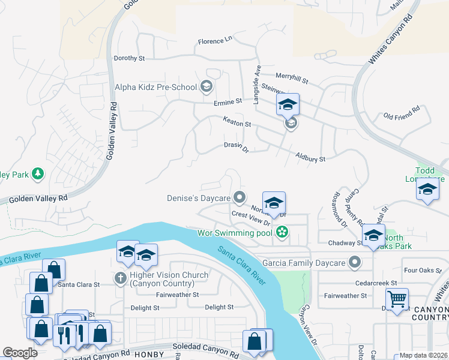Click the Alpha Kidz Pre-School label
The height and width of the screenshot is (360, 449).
156,87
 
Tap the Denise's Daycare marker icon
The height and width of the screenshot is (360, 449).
240,197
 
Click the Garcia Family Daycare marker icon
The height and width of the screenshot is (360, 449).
355,262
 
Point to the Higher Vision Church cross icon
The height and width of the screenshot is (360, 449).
120,278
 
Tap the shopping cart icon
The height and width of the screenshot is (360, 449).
397,298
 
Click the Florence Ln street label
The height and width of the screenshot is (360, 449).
215,41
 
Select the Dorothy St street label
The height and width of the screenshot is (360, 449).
130,59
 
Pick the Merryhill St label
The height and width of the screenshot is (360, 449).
291,79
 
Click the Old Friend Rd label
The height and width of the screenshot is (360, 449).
402,115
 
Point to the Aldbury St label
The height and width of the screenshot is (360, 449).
310,158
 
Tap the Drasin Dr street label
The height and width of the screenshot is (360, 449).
236,146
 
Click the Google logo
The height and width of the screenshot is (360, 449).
20,353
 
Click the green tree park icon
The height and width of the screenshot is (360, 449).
38,174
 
